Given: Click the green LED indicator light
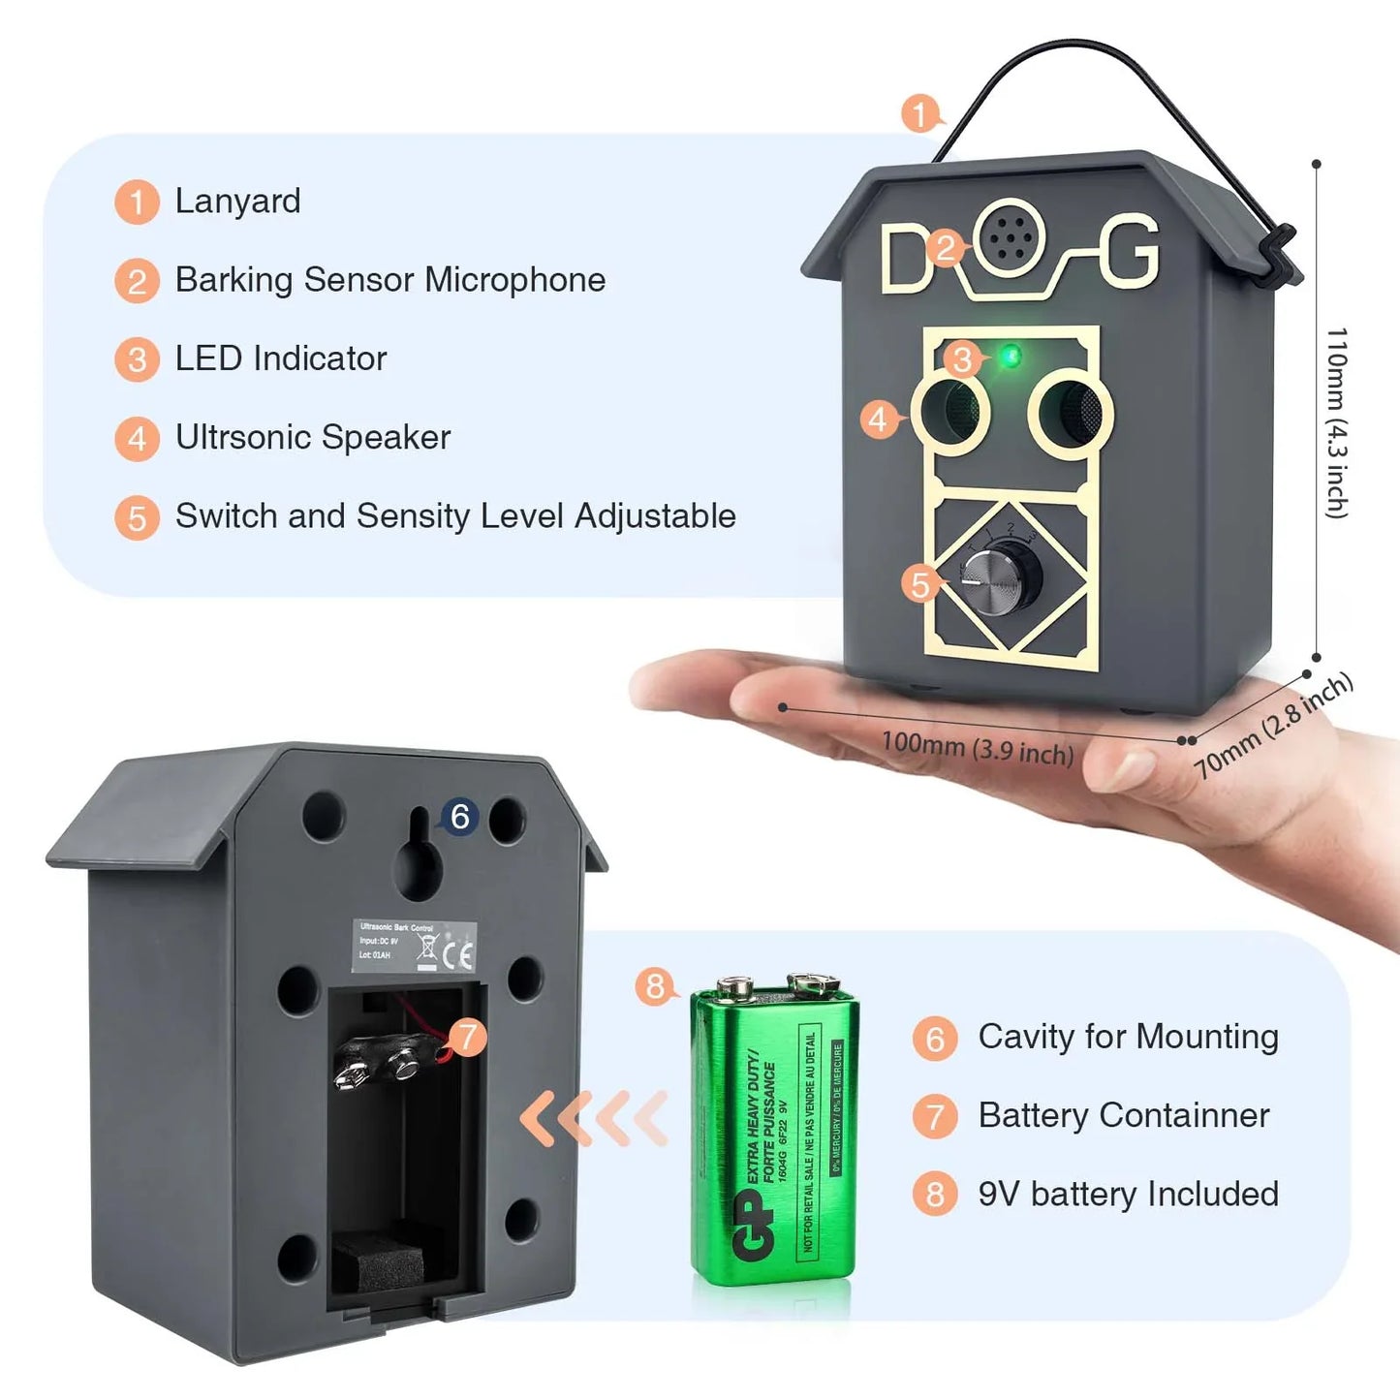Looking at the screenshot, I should point(1010,357).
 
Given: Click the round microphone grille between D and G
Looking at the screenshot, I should point(1010,235).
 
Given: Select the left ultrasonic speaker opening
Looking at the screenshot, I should point(949,412).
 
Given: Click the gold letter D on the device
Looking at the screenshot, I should point(906,259).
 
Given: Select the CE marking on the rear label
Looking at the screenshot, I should point(457,954).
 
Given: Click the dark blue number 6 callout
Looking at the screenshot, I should point(459,817).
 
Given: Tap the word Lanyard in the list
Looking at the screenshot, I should point(237,201).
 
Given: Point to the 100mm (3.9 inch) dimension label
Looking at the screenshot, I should point(977,749).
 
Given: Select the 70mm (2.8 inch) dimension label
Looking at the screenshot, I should point(1273,727).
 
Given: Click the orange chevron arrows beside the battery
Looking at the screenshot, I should point(594,1118).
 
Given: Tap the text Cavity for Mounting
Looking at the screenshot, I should point(1128,1037).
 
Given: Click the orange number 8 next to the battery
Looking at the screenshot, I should point(656,986).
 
